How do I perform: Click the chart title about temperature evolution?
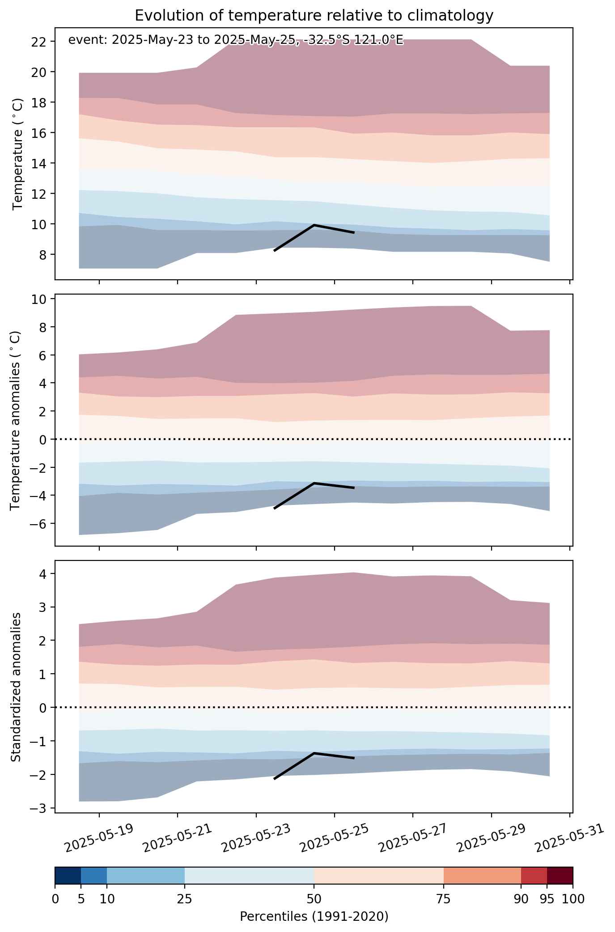click(x=314, y=16)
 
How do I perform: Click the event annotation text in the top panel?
click(x=236, y=40)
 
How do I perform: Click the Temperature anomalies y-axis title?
click(x=16, y=420)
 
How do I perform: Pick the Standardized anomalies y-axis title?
click(x=16, y=687)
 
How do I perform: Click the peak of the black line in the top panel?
click(x=314, y=225)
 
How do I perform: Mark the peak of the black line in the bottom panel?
click(x=314, y=753)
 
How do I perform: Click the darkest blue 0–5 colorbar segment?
click(x=68, y=876)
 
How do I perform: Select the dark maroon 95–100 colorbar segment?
click(x=560, y=876)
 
